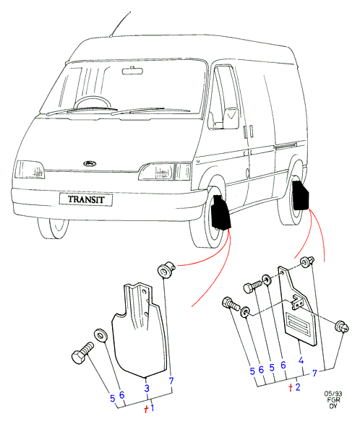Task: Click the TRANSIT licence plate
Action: [x=86, y=199]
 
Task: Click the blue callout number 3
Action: [x=147, y=388]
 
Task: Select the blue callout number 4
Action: [x=301, y=360]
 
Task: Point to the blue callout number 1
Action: [x=153, y=407]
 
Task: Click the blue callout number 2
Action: [x=298, y=387]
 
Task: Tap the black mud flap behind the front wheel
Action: [x=220, y=212]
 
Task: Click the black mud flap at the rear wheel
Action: [x=300, y=195]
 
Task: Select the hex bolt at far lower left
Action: [x=82, y=352]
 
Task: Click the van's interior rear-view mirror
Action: [x=132, y=71]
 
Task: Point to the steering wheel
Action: [x=93, y=103]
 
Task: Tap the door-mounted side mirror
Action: [x=231, y=118]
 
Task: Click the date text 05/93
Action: [x=333, y=394]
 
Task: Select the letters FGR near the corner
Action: [x=333, y=399]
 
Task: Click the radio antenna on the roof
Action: [x=120, y=24]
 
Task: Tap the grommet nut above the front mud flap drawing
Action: [x=166, y=269]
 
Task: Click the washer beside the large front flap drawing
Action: [x=100, y=335]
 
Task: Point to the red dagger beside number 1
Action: [x=146, y=409]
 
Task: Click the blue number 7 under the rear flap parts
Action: [x=314, y=373]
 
